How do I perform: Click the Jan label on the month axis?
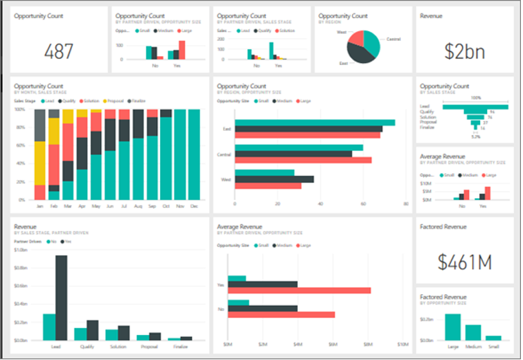point(39,206)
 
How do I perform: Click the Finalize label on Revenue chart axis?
point(180,345)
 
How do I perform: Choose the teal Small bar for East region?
point(315,123)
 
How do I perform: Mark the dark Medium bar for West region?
point(274,179)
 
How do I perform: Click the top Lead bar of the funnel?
point(475,106)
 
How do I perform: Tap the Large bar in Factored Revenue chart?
point(453,326)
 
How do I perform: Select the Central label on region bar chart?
point(224,154)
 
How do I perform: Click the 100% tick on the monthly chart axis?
point(21,109)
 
